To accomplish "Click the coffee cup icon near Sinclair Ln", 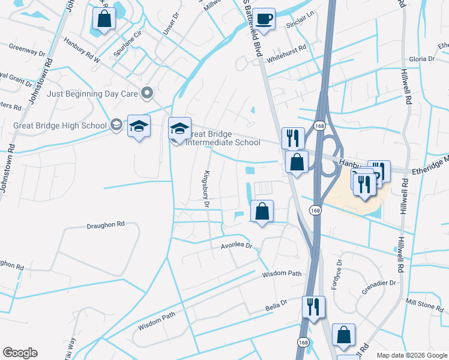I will (262, 19).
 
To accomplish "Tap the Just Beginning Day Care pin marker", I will (146, 93).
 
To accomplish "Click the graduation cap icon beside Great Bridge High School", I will (139, 127).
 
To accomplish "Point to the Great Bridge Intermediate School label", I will (223, 138).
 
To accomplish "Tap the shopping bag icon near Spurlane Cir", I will (104, 18).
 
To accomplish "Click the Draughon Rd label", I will (105, 224).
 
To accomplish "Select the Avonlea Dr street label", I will (238, 245).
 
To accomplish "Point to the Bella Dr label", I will (277, 308).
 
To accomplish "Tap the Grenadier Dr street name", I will (379, 283).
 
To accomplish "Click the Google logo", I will (20, 353).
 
